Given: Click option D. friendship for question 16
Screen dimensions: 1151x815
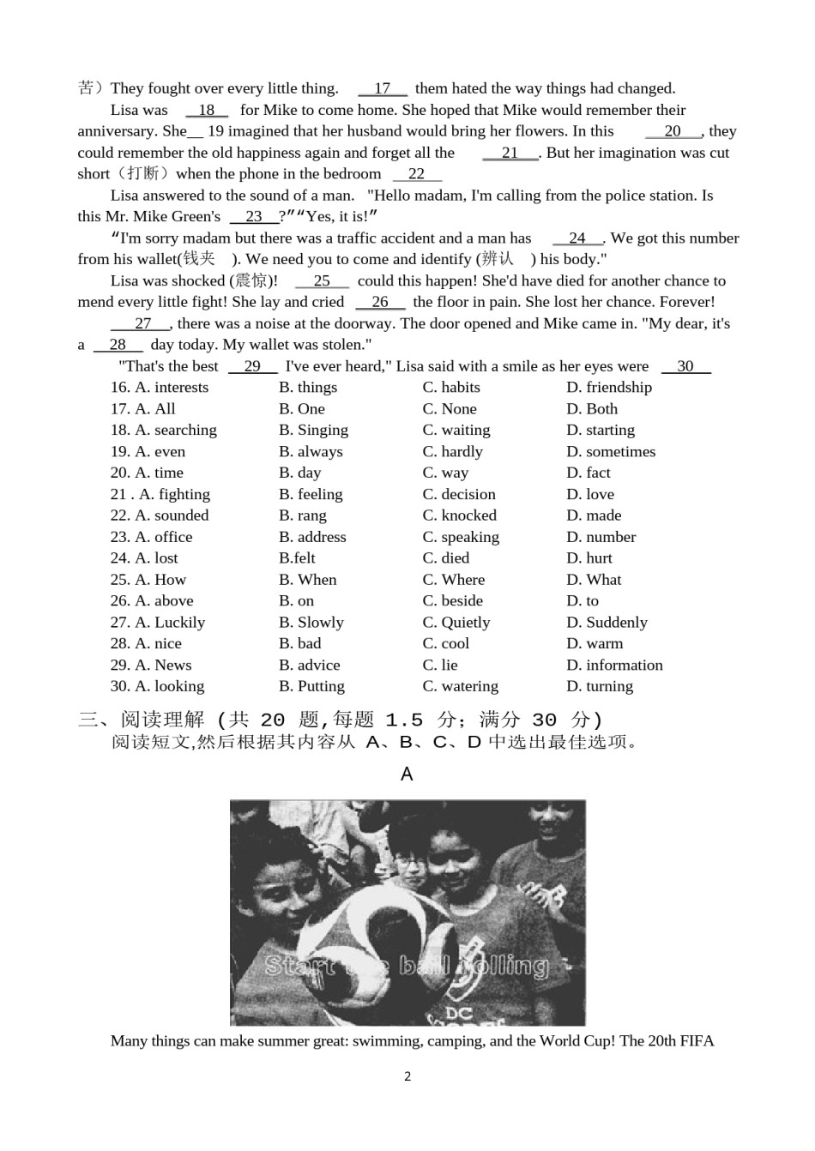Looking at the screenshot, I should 608,388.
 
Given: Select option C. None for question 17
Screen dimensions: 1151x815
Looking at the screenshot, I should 449,409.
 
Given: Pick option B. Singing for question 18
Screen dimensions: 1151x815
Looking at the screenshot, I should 313,431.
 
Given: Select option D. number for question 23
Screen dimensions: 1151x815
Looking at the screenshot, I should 601,537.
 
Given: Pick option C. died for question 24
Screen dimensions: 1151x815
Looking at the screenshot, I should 445,558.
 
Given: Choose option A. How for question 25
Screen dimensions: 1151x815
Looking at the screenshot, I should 160,580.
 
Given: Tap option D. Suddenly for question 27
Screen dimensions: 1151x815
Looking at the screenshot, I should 607,623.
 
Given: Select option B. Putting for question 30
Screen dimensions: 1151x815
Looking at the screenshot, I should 311,686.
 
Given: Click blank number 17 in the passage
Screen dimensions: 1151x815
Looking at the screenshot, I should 383,88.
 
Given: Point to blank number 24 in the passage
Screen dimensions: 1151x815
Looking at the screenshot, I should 577,238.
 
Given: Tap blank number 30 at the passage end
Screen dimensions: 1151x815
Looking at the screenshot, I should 685,366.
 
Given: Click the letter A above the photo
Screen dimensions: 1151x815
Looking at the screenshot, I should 407,774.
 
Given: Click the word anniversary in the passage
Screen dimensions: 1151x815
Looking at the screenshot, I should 118,131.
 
